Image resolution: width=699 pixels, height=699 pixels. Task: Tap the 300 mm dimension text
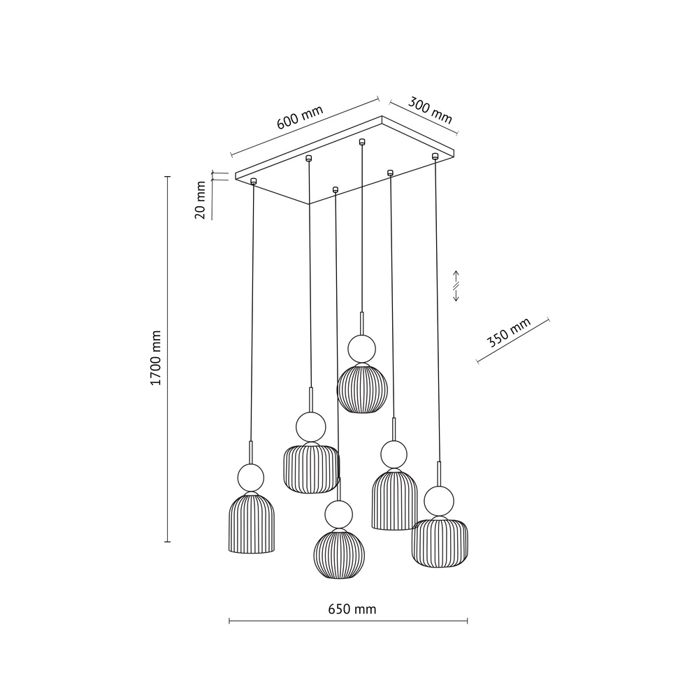429,111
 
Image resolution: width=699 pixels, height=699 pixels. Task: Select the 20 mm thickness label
201,201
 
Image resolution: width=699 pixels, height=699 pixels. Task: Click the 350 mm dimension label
509,333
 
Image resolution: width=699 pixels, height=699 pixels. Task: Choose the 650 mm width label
352,610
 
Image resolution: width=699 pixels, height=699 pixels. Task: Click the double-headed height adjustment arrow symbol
456,286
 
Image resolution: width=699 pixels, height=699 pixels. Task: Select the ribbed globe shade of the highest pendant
361,388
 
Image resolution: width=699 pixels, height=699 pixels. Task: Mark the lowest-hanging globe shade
338,555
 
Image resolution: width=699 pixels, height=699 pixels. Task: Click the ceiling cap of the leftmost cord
254,181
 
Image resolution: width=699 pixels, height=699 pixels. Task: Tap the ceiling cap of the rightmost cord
435,155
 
